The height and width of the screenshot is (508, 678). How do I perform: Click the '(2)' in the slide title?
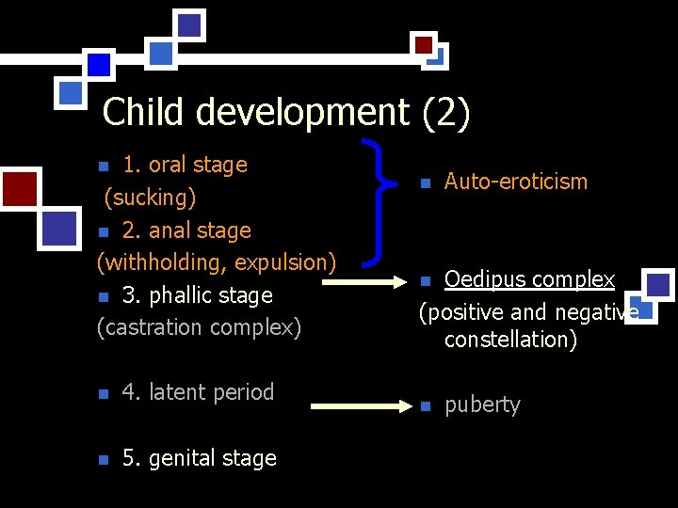click(445, 113)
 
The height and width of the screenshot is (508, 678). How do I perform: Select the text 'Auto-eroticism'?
click(515, 182)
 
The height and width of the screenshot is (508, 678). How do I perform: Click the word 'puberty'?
click(482, 405)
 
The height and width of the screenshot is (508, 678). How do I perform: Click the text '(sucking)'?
click(150, 198)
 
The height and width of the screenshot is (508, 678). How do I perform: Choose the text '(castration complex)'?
click(199, 327)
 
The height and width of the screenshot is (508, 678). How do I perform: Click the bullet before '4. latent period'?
click(104, 394)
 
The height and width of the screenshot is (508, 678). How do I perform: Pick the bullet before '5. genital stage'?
click(104, 460)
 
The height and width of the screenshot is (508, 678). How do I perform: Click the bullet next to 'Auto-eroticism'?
click(425, 183)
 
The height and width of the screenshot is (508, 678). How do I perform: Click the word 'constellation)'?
click(510, 340)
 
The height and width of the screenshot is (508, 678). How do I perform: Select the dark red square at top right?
click(424, 44)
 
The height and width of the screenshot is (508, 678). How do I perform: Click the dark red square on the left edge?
click(18, 187)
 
